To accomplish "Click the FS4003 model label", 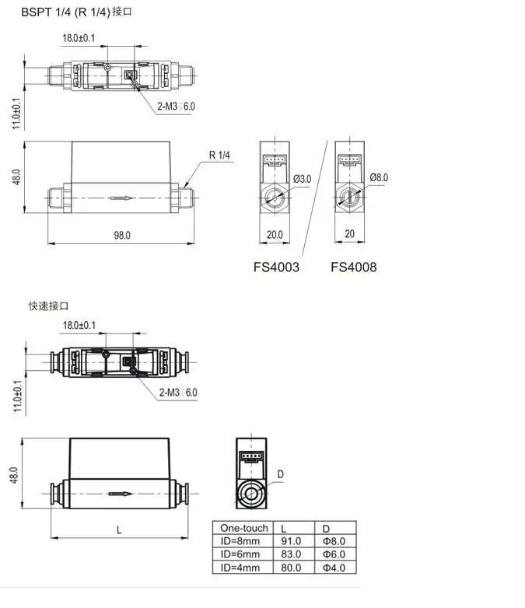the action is point(276,267).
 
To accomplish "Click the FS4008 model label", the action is point(353,267).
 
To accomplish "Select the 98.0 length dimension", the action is point(122,236).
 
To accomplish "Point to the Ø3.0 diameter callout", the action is point(303,179).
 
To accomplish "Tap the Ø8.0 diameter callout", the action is point(379,177).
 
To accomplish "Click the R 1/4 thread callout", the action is point(219,155).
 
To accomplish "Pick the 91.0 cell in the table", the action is point(291,541).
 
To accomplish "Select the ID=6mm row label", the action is point(240,554).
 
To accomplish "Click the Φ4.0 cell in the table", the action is point(334,568).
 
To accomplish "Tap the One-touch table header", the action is point(244,528).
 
